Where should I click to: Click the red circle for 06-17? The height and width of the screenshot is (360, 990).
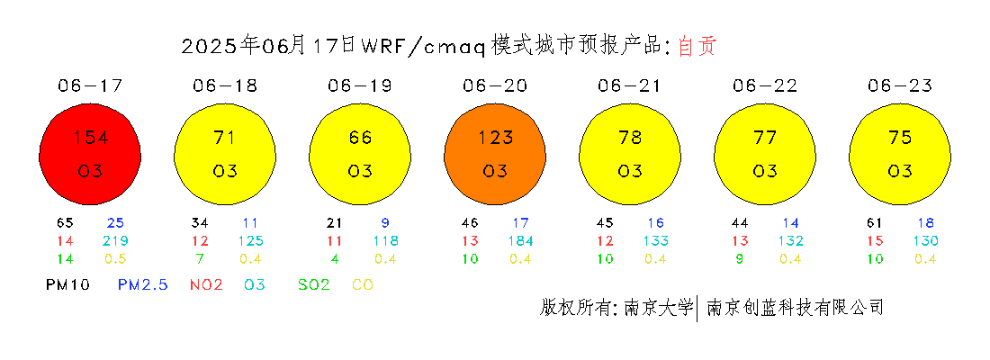90,154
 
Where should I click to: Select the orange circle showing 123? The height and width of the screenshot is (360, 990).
495,154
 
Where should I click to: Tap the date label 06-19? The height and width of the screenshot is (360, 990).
360,85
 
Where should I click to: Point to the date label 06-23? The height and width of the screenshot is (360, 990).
900,85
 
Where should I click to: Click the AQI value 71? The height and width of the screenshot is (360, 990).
225,137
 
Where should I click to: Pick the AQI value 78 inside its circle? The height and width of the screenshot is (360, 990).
630,137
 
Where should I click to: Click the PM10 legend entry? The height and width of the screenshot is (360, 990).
68,284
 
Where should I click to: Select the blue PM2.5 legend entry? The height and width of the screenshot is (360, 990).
143,284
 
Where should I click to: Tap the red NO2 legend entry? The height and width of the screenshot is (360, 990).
206,284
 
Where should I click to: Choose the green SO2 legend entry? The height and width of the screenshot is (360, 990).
314,284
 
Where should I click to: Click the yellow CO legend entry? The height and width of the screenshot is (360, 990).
363,284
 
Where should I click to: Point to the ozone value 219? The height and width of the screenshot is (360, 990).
115,240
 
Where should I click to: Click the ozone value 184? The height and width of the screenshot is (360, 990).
520,240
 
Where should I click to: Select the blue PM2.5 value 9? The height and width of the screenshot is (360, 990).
385,222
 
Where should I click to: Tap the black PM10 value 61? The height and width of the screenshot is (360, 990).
875,222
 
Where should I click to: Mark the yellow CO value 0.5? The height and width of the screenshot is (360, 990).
115,259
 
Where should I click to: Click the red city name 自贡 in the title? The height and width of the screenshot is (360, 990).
697,46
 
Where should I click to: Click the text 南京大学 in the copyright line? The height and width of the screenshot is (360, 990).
658,307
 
